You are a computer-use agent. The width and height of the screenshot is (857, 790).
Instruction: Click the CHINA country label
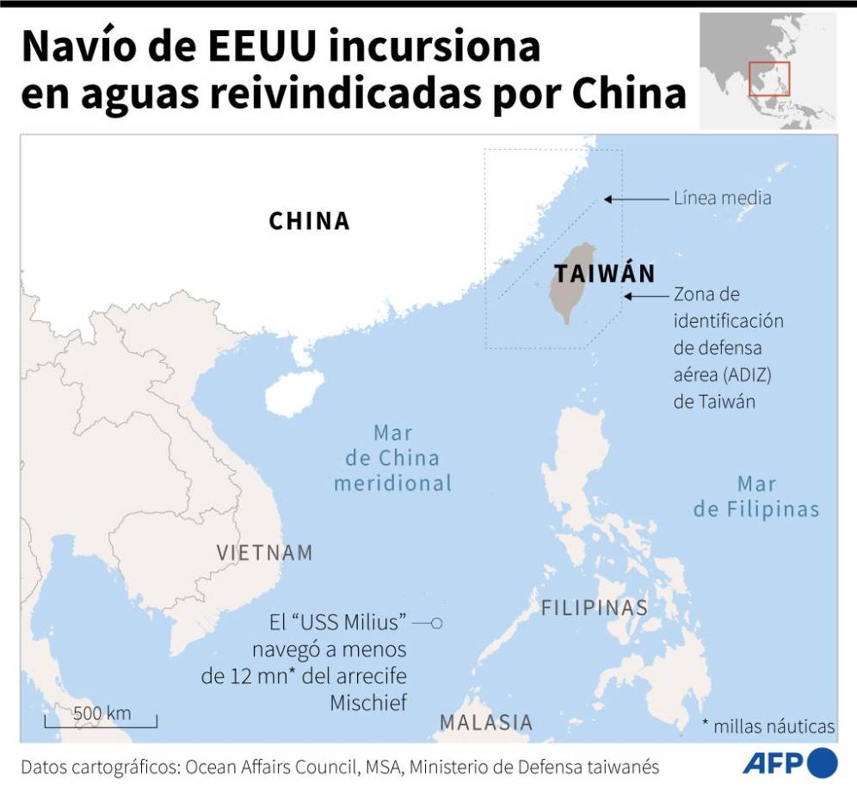point(310,221)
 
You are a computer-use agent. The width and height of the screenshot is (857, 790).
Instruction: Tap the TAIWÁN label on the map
point(605,275)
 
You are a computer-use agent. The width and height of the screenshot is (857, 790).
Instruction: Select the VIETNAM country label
point(264,552)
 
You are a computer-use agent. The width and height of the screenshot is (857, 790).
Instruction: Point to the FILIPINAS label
point(594,608)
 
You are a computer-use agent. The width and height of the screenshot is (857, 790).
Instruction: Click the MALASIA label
point(486,722)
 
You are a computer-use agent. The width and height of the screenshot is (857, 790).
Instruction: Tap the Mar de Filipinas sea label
point(756,497)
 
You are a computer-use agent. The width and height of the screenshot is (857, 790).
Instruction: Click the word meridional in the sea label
point(392,484)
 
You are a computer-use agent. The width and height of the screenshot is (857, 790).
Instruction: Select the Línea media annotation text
point(722,198)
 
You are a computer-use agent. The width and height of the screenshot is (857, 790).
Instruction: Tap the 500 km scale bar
point(101,719)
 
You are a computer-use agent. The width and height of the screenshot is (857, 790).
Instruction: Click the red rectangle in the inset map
point(768,79)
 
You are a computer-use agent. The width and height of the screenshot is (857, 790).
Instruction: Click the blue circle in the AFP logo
point(823,762)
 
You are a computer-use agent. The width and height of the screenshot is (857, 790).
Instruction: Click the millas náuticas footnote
point(768,726)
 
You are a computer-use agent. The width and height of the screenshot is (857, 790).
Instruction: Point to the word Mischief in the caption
point(368,702)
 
